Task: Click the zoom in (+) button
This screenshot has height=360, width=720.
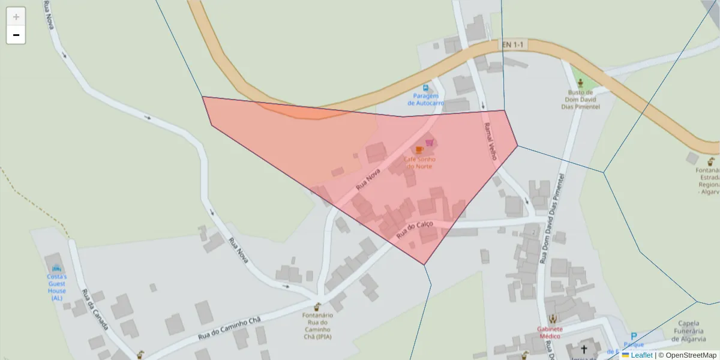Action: click(16, 17)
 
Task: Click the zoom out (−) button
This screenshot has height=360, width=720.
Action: click(16, 35)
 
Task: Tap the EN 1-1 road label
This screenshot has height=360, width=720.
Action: click(513, 44)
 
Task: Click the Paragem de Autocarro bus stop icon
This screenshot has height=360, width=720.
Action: click(426, 88)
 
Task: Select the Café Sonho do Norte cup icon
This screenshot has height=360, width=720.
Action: click(419, 149)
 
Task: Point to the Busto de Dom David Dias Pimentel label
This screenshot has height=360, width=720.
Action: click(580, 100)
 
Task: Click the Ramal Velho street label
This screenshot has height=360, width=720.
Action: click(490, 142)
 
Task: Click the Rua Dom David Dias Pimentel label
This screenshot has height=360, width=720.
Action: click(553, 218)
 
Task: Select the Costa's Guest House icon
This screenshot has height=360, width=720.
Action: click(56, 268)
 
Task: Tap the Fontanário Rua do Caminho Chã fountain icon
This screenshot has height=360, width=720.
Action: click(317, 307)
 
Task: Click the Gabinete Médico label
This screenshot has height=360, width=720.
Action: click(550, 332)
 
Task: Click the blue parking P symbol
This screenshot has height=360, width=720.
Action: click(633, 337)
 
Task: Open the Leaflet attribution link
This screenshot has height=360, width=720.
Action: click(641, 355)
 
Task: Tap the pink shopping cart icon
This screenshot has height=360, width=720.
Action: click(429, 142)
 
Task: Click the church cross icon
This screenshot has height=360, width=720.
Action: click(584, 349)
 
